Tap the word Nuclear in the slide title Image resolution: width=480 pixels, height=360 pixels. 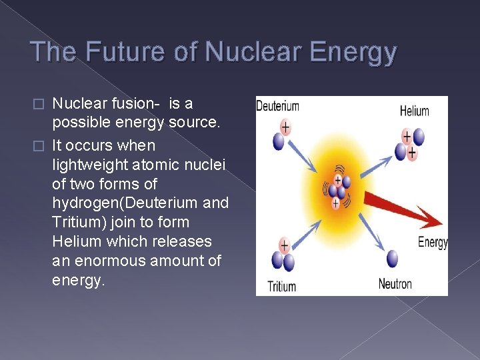[x=233, y=52]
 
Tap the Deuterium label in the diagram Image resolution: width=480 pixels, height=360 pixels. [x=278, y=107]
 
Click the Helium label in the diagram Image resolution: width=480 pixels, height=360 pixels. [x=414, y=111]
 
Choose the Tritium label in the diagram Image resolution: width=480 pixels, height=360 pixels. [x=282, y=286]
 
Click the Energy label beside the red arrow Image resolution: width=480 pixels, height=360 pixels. [x=432, y=241]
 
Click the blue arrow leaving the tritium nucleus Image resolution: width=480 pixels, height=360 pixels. [x=307, y=227]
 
